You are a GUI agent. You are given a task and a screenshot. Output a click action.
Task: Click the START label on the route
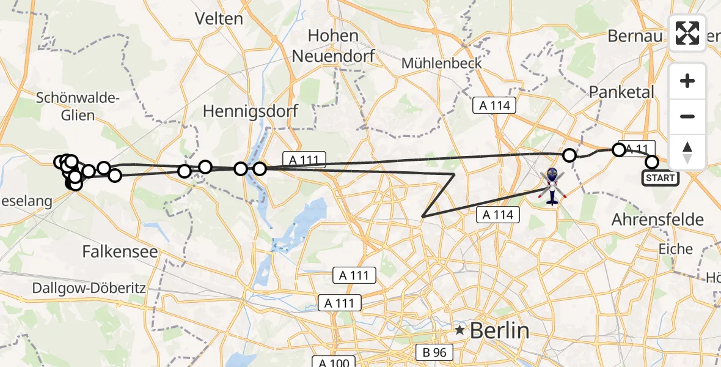[x=660, y=178]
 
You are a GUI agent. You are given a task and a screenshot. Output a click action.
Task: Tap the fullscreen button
[x=687, y=33]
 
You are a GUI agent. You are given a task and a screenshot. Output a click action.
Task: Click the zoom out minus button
[x=687, y=116]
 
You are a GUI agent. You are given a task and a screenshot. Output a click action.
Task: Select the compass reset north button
[x=687, y=152]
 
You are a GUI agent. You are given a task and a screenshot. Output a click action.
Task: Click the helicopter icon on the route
[x=552, y=186]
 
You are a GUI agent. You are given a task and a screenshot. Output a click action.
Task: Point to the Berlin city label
[x=499, y=331]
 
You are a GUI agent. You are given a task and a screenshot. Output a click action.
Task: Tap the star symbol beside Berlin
[x=459, y=331]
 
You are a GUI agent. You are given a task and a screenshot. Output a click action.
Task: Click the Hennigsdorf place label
[x=251, y=111]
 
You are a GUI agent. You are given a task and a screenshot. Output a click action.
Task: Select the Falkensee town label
[x=120, y=251]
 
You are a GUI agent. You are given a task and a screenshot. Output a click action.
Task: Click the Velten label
[x=219, y=19]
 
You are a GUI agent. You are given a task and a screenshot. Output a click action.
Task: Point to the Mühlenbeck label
[x=442, y=63]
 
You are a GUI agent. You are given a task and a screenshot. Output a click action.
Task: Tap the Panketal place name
[x=621, y=92]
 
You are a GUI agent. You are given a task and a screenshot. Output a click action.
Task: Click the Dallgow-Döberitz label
[x=73, y=288]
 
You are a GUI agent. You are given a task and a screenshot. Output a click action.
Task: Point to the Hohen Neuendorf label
[x=333, y=45]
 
